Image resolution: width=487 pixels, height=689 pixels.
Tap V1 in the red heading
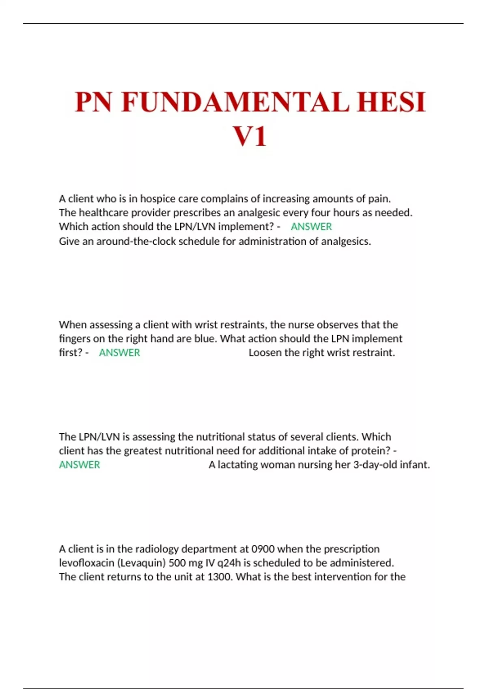coord(250,137)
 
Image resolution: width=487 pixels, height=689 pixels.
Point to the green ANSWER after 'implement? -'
coord(311,227)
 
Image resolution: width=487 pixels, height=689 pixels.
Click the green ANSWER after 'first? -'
coord(119,353)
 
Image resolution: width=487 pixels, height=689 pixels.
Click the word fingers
coord(75,338)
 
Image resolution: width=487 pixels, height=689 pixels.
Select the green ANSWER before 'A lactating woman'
coord(80,465)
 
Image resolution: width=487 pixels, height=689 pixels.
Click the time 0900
coord(263,549)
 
